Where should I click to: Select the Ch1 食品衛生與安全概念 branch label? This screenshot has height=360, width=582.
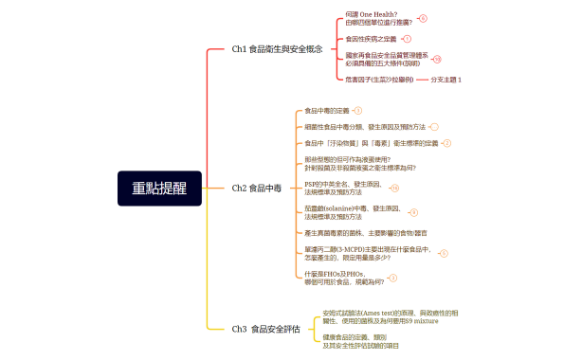pos(278,48)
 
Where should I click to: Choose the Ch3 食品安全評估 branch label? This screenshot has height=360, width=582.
pos(266,330)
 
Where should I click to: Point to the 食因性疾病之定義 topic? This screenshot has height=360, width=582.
pos(372,39)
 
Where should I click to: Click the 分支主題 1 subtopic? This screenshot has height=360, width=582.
pos(446,80)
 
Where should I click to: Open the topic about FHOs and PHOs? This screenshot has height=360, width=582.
pos(345,278)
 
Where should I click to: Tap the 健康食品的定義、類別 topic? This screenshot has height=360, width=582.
pos(355,341)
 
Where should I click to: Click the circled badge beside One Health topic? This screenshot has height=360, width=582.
pos(423,18)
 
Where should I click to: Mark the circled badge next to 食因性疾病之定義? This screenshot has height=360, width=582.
pos(407,39)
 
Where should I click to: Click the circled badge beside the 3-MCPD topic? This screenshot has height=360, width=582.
pos(444,254)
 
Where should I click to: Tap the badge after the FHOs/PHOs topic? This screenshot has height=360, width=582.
pos(393,279)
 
